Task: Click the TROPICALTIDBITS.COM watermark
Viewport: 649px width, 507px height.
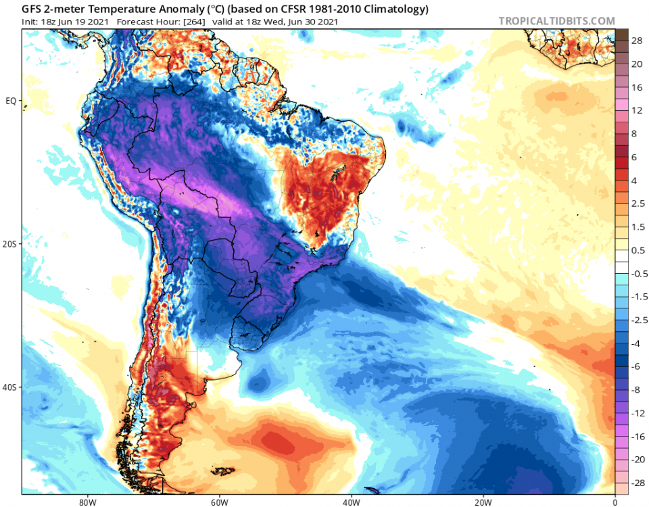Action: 556,21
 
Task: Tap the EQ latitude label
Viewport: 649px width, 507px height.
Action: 11,101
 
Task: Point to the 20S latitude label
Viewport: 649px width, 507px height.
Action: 10,244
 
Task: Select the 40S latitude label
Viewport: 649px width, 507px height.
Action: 10,387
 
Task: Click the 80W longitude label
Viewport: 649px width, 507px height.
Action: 85,502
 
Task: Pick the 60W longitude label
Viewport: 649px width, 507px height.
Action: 218,502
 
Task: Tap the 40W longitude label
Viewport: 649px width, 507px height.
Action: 350,502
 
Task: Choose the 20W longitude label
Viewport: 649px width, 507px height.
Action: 483,502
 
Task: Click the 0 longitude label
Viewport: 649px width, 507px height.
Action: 615,502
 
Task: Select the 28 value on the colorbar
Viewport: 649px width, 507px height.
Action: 638,41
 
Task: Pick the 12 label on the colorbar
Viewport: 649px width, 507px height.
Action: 638,110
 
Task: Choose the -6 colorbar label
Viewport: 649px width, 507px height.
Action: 636,366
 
